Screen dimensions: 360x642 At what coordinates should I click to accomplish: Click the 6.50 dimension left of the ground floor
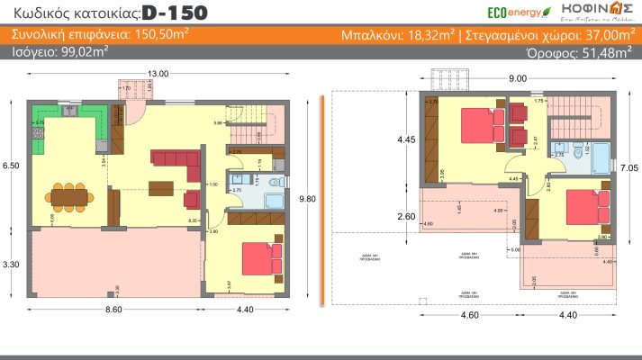pyautogui.click(x=11, y=166)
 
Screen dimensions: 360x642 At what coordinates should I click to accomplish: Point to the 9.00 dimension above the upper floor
pyautogui.click(x=517, y=79)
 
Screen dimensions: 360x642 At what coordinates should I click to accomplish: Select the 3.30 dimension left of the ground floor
pyautogui.click(x=11, y=265)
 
